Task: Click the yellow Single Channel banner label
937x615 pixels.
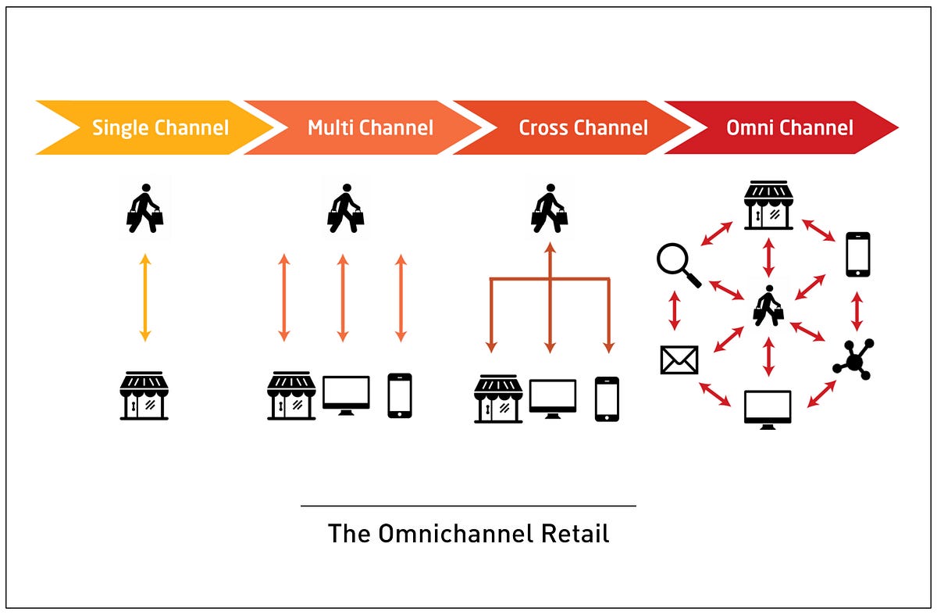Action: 160,127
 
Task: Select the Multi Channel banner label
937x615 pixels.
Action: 370,127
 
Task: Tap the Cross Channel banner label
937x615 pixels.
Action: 583,127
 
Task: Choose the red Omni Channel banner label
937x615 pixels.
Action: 789,127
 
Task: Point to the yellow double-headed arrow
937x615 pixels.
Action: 144,297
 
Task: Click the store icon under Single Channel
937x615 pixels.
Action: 144,395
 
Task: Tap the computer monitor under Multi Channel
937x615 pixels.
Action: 346,395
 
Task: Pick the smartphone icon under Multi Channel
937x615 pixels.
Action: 400,395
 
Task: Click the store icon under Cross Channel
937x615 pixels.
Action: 498,399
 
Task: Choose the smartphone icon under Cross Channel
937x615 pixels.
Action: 607,399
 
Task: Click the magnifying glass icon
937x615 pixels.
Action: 677,265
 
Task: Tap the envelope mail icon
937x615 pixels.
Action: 679,359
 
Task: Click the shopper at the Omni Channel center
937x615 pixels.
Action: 768,306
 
